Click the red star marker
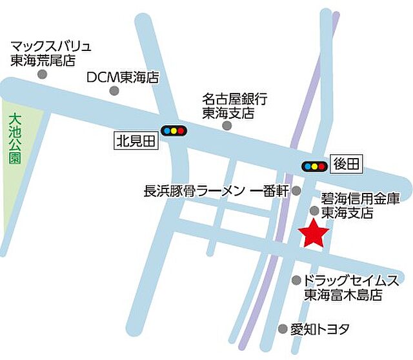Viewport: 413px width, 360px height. click(x=314, y=233)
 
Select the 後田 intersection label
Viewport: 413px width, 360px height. click(x=345, y=165)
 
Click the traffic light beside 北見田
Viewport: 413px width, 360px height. click(x=173, y=131)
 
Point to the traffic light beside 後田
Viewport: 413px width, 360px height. click(x=314, y=166)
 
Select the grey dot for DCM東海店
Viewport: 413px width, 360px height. click(x=115, y=91)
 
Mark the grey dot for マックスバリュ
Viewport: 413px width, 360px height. click(x=43, y=74)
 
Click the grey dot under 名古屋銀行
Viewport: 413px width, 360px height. click(x=227, y=125)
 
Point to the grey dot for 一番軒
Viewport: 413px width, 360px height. click(x=296, y=191)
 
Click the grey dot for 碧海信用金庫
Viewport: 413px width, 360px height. click(x=314, y=210)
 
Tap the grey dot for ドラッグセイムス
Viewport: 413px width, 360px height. click(x=296, y=281)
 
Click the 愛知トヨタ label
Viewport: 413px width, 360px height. click(x=319, y=329)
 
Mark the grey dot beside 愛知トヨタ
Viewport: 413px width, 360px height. click(x=282, y=329)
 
